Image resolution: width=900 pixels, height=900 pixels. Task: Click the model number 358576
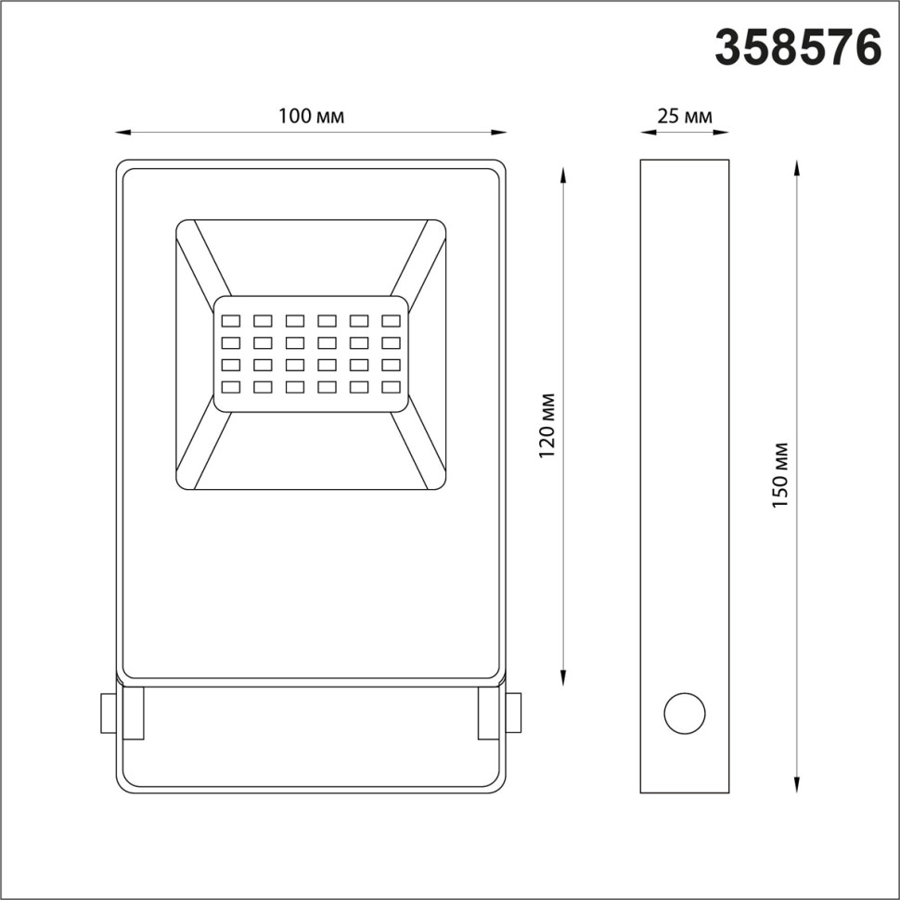[797, 47]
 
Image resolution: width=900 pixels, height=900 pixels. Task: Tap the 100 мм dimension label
[312, 116]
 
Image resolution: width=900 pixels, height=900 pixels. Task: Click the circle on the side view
[684, 714]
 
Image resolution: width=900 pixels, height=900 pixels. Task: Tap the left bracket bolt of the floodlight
[109, 714]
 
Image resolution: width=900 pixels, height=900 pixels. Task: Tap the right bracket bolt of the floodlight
[512, 714]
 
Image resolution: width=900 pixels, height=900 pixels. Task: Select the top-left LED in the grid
[231, 321]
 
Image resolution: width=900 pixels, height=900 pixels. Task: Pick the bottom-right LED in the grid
[391, 387]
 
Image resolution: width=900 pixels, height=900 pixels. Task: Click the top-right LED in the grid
[391, 321]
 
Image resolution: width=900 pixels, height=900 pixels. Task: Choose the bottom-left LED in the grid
[231, 387]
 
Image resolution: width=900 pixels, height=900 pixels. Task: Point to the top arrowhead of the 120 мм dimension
[563, 174]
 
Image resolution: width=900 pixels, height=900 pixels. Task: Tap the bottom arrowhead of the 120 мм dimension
[563, 680]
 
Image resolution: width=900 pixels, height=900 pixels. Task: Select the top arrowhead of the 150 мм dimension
[796, 165]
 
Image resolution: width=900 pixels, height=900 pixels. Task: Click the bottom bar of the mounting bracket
[312, 791]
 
